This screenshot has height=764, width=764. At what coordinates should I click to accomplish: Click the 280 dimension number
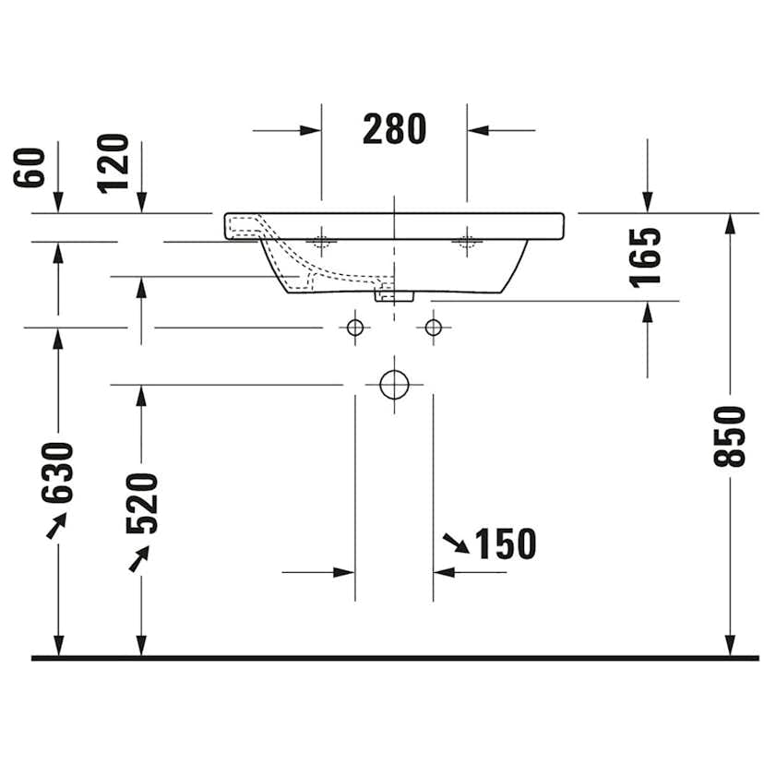point(394,129)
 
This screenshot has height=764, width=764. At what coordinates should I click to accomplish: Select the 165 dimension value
point(647,257)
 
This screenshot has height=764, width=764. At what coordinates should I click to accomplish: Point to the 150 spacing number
point(505,544)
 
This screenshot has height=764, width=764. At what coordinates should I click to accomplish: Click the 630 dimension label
point(58,472)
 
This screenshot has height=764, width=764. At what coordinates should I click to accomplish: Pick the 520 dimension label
point(142,503)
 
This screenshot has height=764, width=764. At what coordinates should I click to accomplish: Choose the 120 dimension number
point(113,163)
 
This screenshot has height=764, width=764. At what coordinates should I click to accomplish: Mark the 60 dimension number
point(30,167)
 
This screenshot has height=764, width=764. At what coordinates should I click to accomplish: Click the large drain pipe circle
point(394,385)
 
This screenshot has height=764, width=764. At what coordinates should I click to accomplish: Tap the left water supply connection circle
point(354,327)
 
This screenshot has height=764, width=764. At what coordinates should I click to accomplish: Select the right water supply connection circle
point(433,327)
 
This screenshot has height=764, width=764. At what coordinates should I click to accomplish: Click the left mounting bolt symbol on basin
point(321,242)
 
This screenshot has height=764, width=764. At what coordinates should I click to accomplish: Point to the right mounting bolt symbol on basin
point(466,242)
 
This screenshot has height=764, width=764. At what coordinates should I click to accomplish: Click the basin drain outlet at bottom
point(394,295)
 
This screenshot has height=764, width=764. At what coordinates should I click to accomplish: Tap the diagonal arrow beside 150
point(455,543)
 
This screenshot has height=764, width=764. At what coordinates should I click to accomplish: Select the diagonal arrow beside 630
point(56,527)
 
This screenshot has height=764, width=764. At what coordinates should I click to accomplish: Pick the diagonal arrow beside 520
point(139,558)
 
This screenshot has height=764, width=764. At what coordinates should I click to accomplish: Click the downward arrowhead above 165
point(647,202)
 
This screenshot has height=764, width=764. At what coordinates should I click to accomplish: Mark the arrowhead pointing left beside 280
point(477,130)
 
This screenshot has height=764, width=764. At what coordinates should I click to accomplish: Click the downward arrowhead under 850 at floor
point(730,645)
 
